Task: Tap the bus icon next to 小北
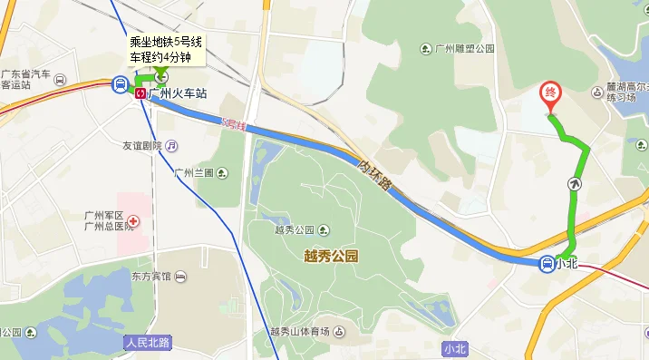547,264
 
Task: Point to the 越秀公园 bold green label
331,257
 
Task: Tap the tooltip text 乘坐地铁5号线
166,42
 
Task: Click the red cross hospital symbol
132,220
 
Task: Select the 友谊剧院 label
141,145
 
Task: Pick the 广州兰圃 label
193,172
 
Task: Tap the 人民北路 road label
148,344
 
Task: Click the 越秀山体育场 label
300,331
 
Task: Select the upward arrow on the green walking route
575,184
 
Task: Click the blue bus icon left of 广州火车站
120,85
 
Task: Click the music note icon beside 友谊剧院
171,145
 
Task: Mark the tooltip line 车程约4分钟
160,57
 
